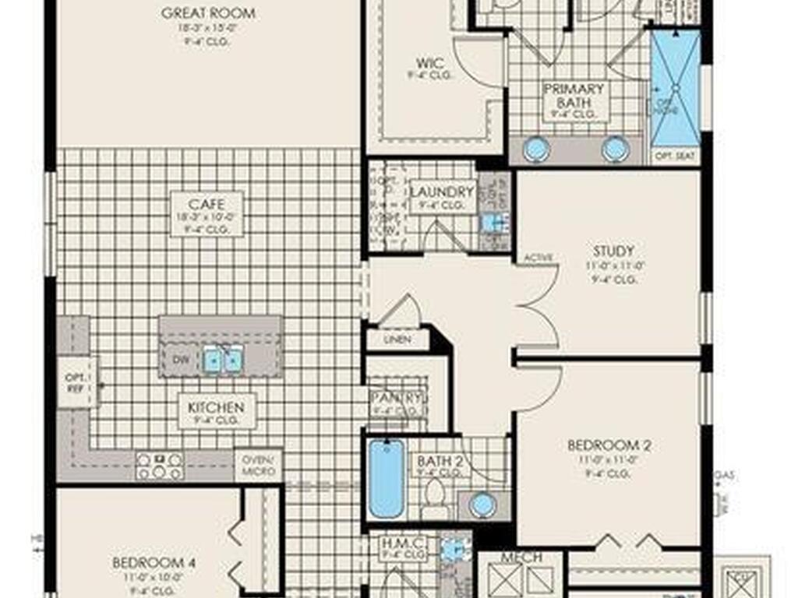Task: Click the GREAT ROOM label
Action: [208, 14]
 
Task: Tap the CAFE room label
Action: [207, 205]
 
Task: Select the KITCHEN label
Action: [216, 407]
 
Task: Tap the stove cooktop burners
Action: [160, 466]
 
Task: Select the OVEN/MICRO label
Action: [258, 466]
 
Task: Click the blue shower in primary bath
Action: [675, 90]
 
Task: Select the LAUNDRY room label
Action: [442, 192]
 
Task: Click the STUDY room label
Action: [613, 252]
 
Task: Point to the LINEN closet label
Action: [397, 340]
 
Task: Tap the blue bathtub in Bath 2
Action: [386, 479]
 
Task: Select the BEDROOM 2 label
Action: [609, 446]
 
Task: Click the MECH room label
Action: [521, 558]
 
